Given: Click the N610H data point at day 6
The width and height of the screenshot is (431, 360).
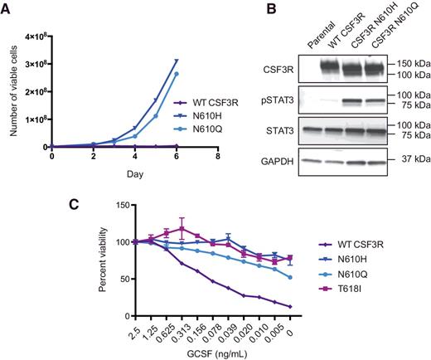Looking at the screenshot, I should pyautogui.click(x=176, y=61).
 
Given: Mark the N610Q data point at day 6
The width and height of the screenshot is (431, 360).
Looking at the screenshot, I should pyautogui.click(x=176, y=74).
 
